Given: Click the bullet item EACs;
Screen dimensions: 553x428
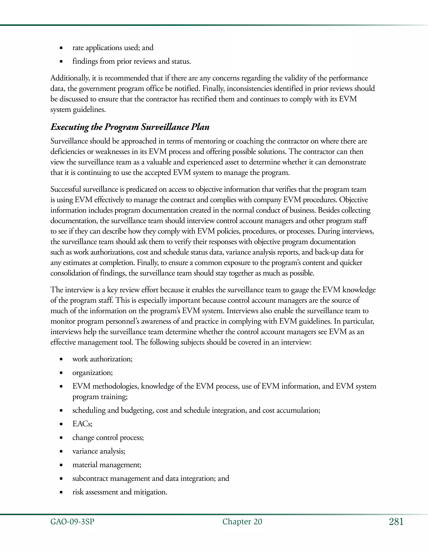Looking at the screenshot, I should click(82, 424).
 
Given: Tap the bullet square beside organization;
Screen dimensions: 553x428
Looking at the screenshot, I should click(61, 373).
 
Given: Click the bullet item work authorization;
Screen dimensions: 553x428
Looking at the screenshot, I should click(102, 359).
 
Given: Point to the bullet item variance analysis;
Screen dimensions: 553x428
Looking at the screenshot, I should click(99, 451).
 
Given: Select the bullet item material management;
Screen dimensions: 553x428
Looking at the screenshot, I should click(107, 465).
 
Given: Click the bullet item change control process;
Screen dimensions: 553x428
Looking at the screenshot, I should click(108, 438).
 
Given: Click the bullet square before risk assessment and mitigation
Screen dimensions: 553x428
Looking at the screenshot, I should click(61, 492).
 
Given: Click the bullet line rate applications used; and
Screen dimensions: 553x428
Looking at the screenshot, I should click(113, 48).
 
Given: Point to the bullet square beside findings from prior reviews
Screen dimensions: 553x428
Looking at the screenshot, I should click(61, 62).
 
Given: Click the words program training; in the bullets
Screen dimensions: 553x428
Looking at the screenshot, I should click(100, 397).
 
